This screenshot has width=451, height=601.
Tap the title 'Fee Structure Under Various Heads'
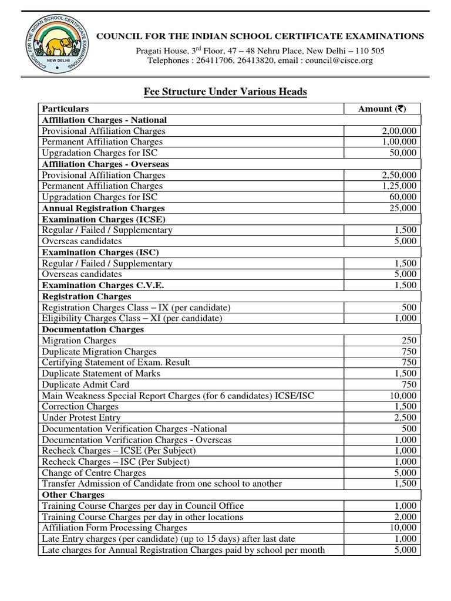coord(225,92)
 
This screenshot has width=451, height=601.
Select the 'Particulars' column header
coord(66,109)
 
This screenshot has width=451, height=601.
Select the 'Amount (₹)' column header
coord(381,109)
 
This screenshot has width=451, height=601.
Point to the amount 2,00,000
coord(399,131)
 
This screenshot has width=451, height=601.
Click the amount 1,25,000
coord(399,186)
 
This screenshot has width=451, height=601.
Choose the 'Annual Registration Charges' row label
coord(103,208)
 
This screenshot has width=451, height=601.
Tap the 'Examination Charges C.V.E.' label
coord(103,285)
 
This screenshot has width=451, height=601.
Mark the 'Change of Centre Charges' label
coord(94,473)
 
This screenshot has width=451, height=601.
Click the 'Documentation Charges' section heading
coord(93,329)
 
